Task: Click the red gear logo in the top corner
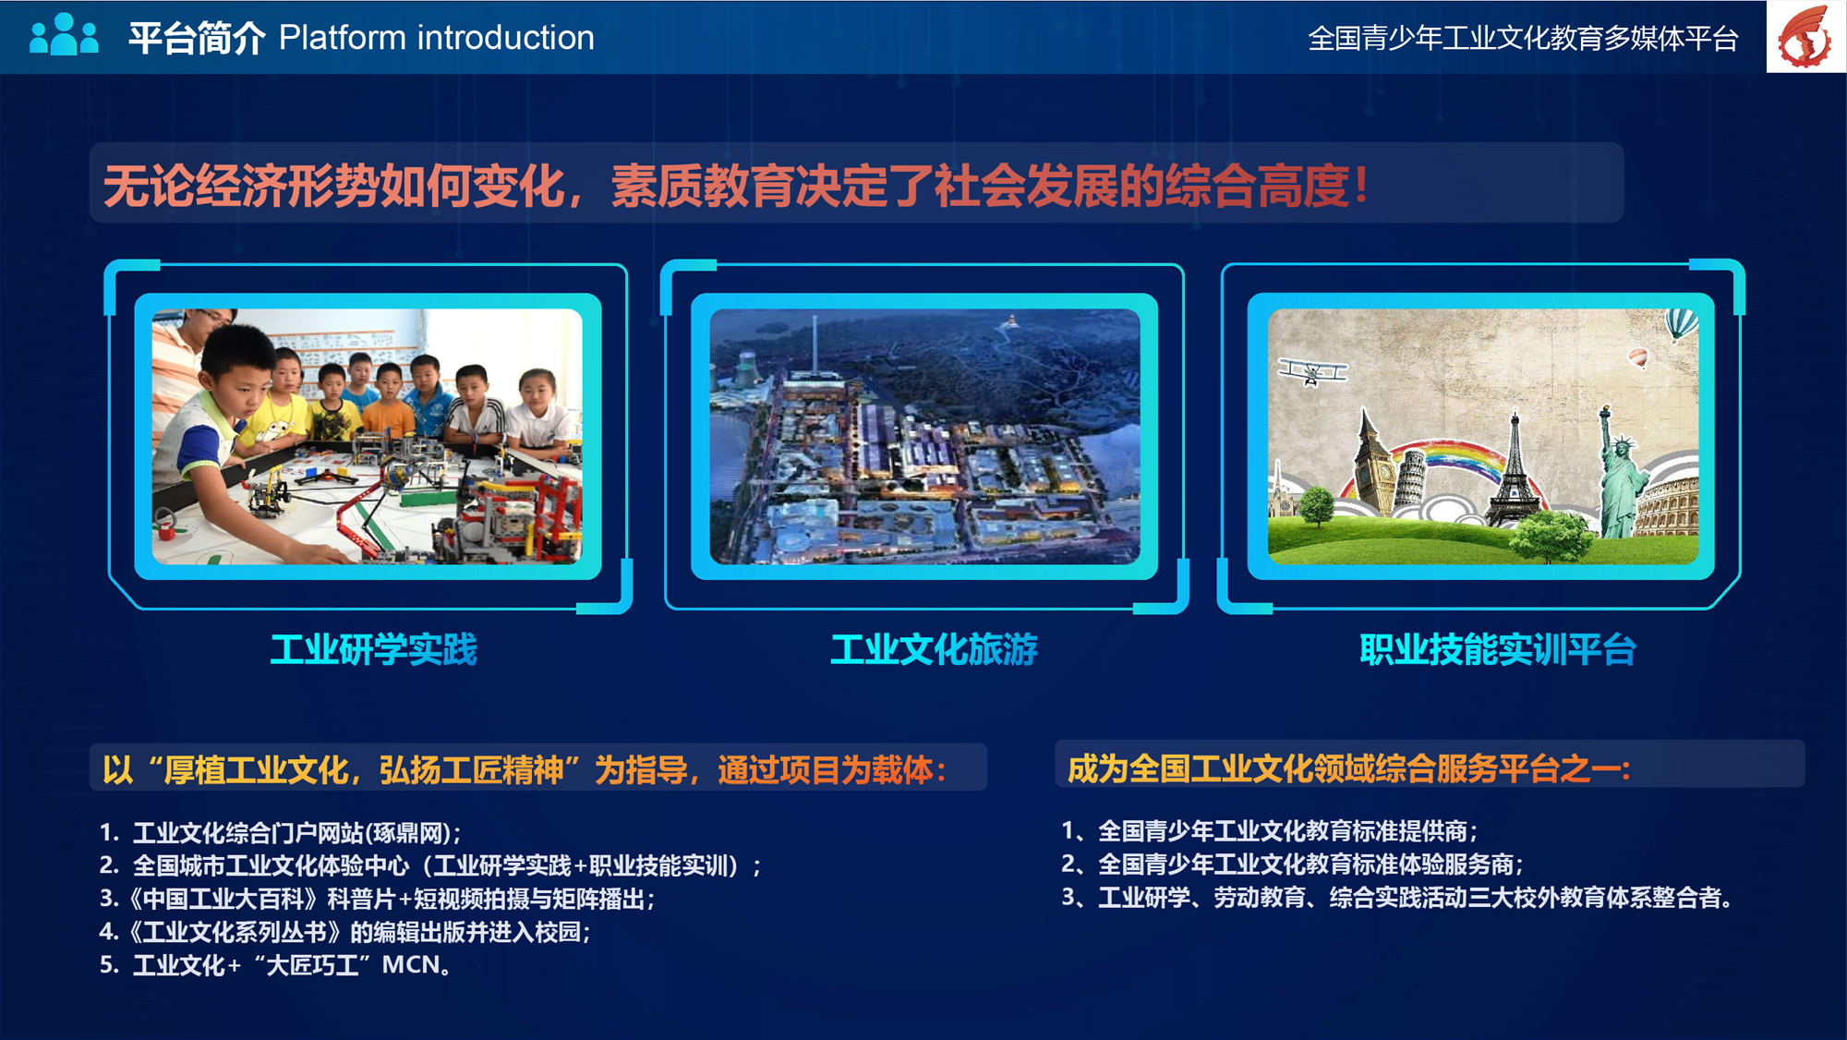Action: click(1805, 36)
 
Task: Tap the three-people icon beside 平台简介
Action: click(64, 34)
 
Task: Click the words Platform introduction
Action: click(437, 38)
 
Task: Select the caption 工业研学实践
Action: click(374, 649)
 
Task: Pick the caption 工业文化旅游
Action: click(934, 649)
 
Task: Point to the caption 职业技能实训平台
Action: click(1497, 649)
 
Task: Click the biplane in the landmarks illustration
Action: click(1312, 371)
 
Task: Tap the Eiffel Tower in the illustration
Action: click(1514, 466)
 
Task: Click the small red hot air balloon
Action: click(1638, 357)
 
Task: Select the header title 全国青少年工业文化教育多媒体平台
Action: click(1523, 39)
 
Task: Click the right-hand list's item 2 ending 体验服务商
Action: click(1292, 865)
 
